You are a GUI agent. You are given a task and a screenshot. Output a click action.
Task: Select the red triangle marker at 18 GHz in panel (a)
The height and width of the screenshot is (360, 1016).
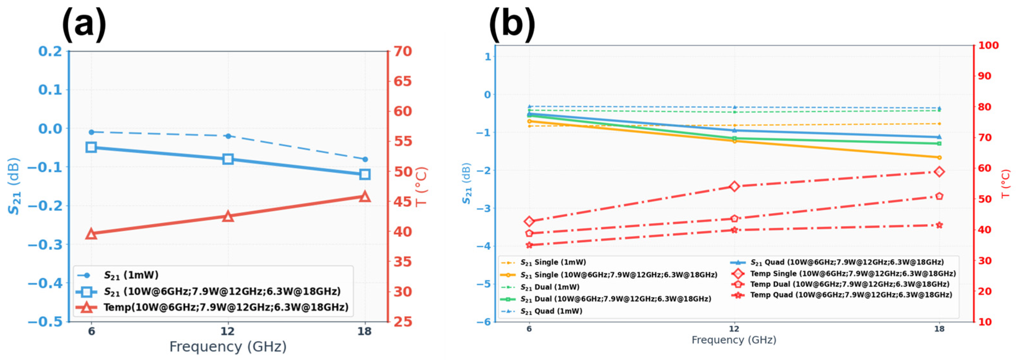365,196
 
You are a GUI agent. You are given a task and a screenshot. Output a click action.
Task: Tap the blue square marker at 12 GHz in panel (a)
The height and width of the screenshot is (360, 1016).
228,159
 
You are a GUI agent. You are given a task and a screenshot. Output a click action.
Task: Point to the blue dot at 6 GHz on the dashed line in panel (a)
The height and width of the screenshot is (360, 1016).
91,132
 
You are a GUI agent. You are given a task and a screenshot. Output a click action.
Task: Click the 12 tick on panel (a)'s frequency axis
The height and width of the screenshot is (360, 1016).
228,331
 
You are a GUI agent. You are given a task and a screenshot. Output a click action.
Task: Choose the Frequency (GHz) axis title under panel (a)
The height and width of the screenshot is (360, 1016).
228,346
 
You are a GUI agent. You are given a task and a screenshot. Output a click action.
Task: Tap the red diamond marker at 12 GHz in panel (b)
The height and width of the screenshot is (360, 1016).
734,186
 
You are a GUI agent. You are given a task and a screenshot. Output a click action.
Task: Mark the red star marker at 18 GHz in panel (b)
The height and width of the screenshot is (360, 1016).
939,225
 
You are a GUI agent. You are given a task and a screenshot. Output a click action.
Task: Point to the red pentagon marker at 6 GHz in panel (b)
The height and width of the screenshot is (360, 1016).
529,233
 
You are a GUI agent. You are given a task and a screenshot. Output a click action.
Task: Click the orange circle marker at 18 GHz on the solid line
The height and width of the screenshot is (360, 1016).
939,157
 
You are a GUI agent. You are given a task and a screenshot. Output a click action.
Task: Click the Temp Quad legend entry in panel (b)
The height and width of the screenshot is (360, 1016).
843,295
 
